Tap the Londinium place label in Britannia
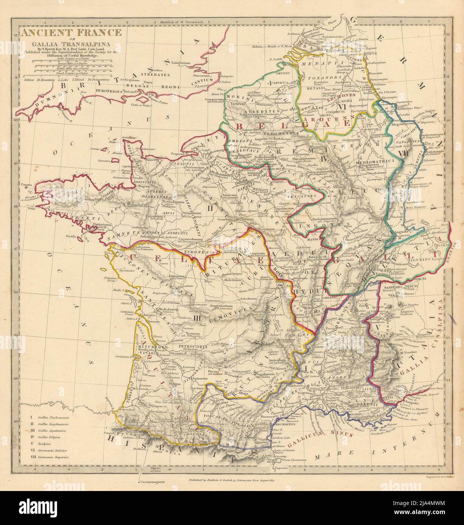click(x=179, y=63)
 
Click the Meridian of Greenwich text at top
click(x=181, y=23)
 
